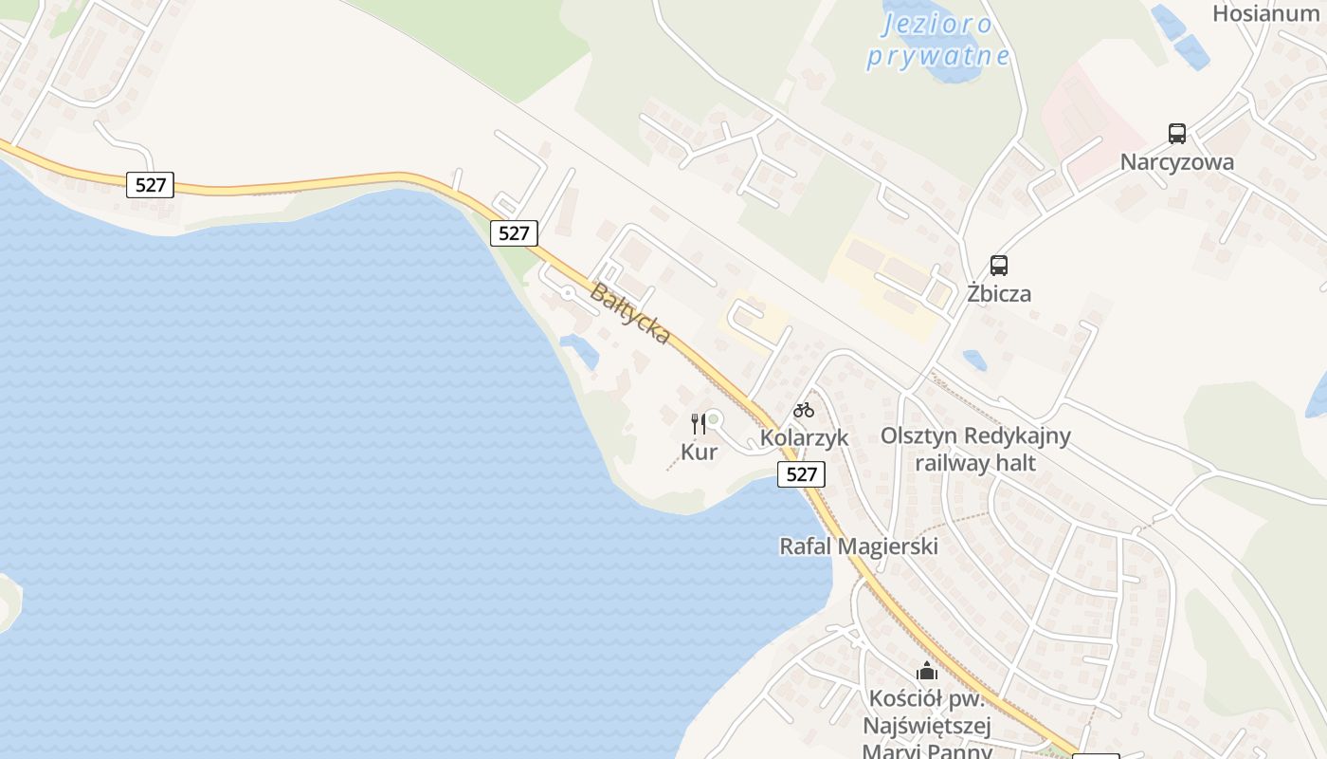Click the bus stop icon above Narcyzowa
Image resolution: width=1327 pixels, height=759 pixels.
1177,134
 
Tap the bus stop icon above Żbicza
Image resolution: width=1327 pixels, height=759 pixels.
999,266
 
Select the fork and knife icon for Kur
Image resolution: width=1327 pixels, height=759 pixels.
699,424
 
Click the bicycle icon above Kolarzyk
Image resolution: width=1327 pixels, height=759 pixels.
804,410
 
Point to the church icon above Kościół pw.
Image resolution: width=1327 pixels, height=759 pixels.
927,672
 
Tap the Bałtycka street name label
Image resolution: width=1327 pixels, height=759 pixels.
630,314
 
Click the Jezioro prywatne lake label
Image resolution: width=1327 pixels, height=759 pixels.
937,40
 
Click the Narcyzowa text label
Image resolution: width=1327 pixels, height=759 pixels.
1177,162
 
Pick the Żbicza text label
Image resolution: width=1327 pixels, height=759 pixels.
999,293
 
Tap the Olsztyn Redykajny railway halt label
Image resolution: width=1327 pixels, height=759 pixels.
975,449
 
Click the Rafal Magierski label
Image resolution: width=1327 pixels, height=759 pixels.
859,546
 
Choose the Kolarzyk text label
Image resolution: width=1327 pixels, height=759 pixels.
804,438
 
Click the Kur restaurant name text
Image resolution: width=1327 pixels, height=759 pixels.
700,453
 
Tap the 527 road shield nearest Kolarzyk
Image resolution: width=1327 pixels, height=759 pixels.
801,474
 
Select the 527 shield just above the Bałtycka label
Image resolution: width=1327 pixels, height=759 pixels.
514,233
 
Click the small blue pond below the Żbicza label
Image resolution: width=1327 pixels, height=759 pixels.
974,361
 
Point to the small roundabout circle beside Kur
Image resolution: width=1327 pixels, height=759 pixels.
714,418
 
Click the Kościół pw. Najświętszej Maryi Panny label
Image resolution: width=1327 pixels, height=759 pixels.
927,727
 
